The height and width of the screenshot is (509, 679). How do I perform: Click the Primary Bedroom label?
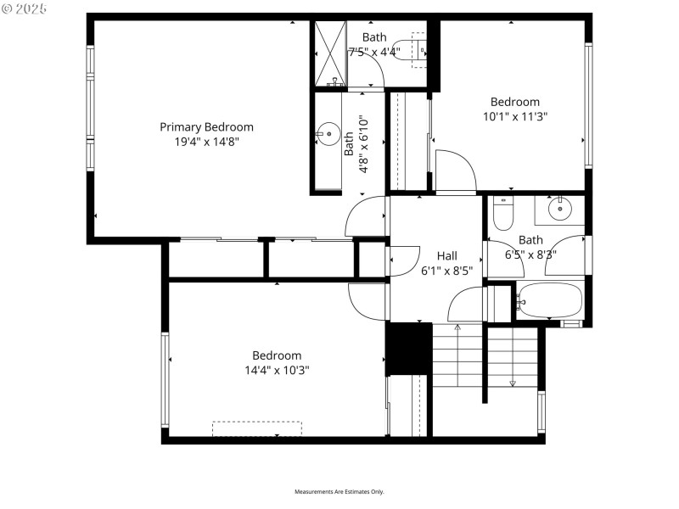(x=206, y=127)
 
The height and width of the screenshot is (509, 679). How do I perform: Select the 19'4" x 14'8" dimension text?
(x=206, y=142)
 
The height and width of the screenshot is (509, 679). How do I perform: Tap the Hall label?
(x=446, y=255)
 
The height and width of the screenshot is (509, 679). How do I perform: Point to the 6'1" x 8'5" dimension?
(x=446, y=271)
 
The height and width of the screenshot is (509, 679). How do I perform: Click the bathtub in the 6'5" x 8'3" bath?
(x=550, y=300)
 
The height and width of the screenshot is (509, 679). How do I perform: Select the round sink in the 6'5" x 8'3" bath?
(x=560, y=208)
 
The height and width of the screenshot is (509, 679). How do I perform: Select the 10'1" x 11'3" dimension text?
(x=515, y=117)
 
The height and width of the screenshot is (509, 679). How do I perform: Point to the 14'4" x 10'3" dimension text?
(x=277, y=370)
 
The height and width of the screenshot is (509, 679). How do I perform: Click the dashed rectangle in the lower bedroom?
(x=257, y=428)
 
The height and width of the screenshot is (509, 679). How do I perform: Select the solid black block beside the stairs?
(x=409, y=348)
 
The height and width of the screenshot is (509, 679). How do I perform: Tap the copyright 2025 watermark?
(x=25, y=8)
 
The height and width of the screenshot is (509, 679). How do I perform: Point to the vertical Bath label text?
(x=349, y=147)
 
